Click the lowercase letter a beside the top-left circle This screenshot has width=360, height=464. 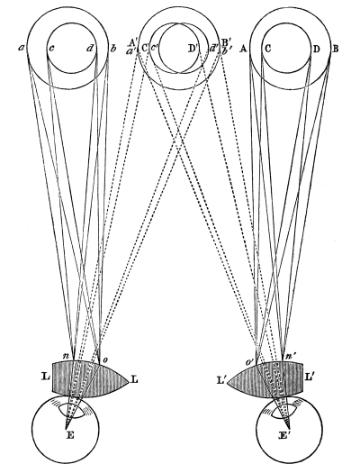click(22, 49)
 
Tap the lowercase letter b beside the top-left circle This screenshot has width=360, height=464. click(113, 48)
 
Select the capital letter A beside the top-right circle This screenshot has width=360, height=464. click(243, 49)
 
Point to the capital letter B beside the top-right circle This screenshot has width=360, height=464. click(336, 49)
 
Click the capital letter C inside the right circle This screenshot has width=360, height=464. click(267, 49)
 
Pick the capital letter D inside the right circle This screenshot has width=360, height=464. click(316, 49)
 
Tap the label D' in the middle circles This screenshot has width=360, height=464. click(193, 49)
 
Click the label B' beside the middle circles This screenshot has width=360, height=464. click(225, 42)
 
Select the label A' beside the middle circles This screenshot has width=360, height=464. click(132, 42)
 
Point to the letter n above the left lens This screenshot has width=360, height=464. click(66, 356)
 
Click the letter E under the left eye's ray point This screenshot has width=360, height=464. click(70, 435)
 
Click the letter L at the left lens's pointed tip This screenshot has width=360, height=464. click(135, 380)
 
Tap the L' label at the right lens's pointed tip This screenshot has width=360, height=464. click(220, 381)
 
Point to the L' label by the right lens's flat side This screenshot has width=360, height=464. click(310, 376)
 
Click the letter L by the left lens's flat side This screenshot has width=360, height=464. click(45, 376)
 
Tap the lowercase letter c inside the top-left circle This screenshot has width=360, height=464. click(51, 49)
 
